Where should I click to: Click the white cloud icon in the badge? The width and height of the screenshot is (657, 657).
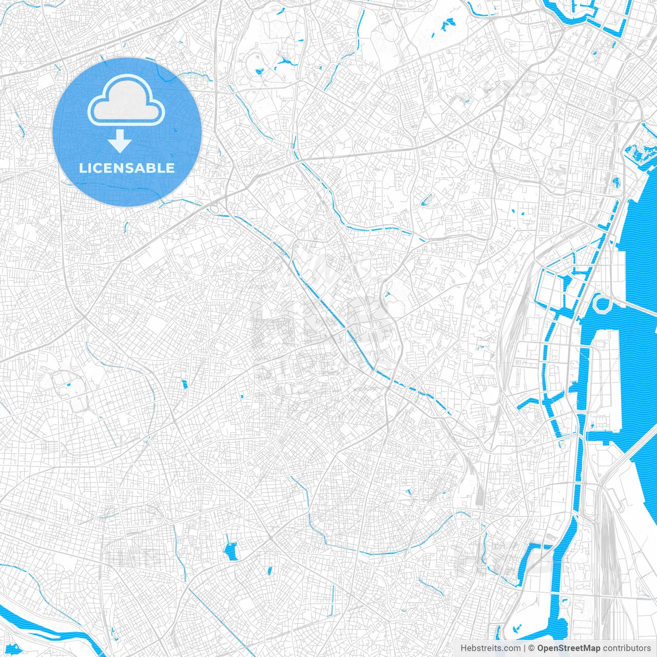(x=126, y=103)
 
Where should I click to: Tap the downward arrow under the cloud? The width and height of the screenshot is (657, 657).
(x=120, y=141)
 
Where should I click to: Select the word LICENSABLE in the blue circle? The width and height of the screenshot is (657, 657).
(x=127, y=168)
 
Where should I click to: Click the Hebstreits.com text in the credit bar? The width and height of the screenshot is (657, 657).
(x=490, y=648)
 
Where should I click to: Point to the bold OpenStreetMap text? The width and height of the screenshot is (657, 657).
(x=569, y=648)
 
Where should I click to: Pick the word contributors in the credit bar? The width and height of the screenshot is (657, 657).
(x=627, y=648)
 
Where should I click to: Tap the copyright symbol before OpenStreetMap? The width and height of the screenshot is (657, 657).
(x=532, y=648)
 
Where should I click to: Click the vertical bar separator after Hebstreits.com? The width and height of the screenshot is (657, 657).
(x=525, y=648)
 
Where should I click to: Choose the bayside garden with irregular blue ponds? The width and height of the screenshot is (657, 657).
(x=639, y=151)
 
